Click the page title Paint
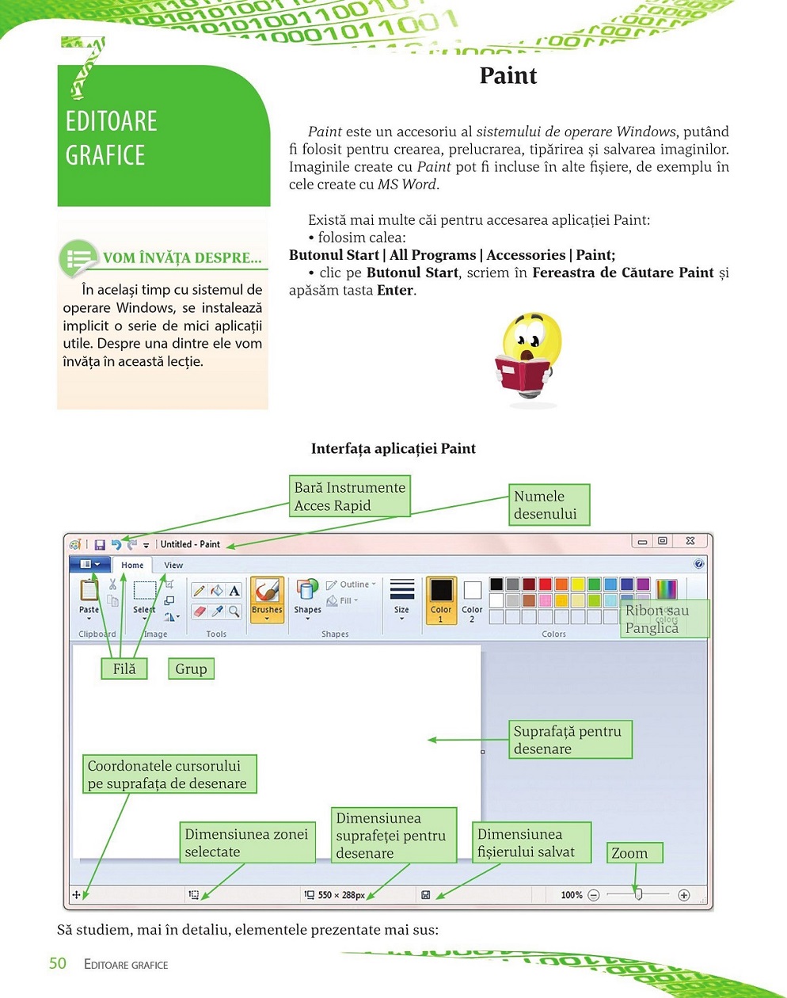tap(508, 76)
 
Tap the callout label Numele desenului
tap(549, 505)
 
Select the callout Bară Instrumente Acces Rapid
tap(350, 497)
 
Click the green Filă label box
tap(124, 669)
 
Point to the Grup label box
tap(191, 669)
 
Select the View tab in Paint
tap(173, 566)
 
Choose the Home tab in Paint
tap(132, 566)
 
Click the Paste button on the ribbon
tap(89, 598)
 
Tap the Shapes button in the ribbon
tap(307, 598)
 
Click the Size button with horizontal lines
tap(402, 598)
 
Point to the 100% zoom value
tap(572, 895)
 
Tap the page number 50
tap(58, 964)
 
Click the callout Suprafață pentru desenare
tap(570, 740)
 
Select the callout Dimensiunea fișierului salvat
tap(532, 843)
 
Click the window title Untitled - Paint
tap(190, 544)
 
